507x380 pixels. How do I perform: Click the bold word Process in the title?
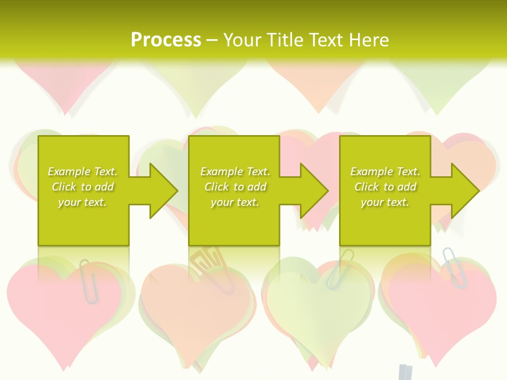point(166,40)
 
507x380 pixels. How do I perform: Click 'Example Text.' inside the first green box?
point(82,172)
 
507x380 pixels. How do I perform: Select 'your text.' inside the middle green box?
point(234,202)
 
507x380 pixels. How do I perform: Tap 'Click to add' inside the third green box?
point(386,187)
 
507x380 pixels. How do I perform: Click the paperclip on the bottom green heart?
point(338,269)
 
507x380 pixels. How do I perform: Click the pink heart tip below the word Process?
point(65,111)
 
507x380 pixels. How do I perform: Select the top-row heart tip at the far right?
point(437,111)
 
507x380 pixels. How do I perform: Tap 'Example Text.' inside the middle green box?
point(234,172)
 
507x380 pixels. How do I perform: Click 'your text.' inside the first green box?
point(82,202)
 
